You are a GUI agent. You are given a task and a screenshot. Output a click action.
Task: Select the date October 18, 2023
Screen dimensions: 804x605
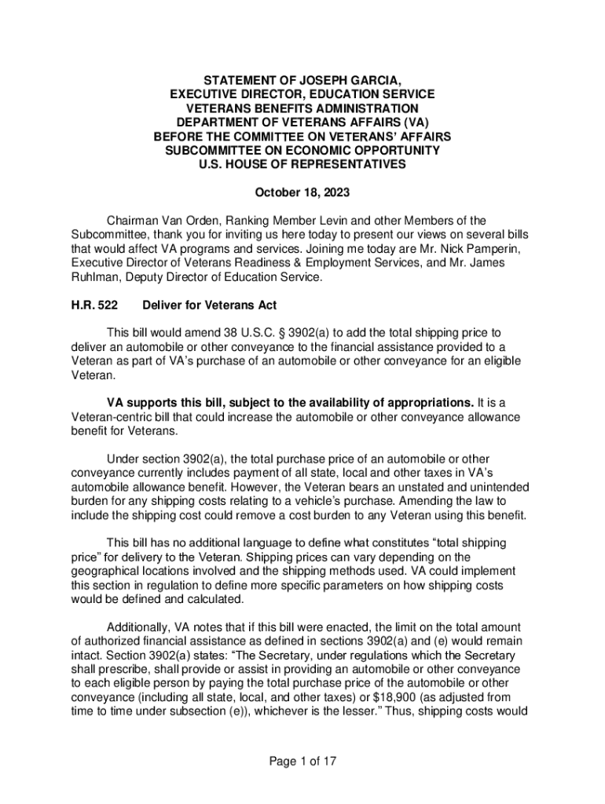[302, 192]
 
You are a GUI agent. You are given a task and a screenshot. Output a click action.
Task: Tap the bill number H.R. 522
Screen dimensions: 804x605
[89, 305]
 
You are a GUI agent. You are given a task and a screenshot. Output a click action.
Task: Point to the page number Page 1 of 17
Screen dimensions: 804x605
[302, 761]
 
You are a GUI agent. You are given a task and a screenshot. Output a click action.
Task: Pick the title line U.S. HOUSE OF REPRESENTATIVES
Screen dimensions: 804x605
[302, 164]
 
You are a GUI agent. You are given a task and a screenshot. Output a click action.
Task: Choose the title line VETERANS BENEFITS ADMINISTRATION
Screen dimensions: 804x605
[302, 108]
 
